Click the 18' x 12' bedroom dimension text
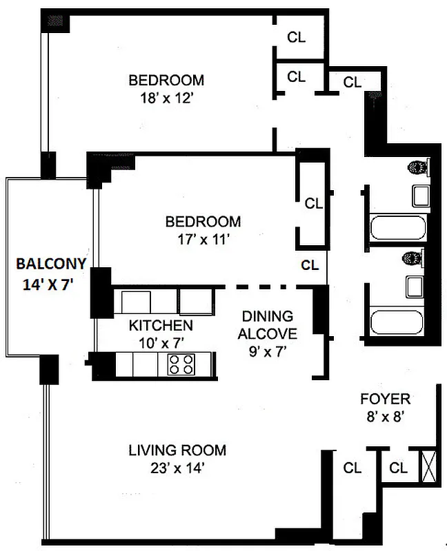click(x=166, y=98)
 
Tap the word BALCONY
click(x=51, y=263)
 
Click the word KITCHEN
click(x=161, y=325)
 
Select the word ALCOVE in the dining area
click(x=267, y=334)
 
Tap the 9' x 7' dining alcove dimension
click(x=267, y=351)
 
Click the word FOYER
click(x=385, y=399)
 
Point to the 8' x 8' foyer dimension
click(x=385, y=416)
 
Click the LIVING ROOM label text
click(x=177, y=450)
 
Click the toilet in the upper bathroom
click(x=417, y=167)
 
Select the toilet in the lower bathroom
click(x=414, y=258)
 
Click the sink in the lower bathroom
click(x=415, y=285)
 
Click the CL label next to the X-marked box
click(x=398, y=468)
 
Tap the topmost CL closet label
click(x=297, y=37)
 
